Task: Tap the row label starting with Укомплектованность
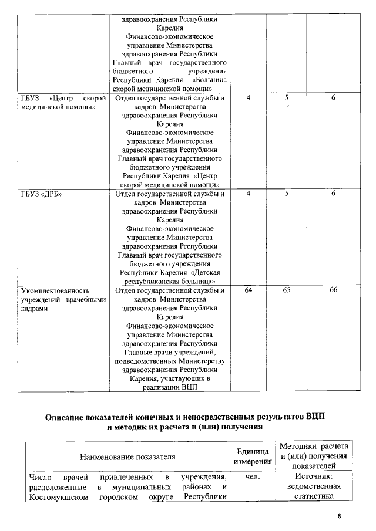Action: click(x=62, y=299)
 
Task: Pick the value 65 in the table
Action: click(x=286, y=290)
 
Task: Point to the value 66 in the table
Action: click(x=333, y=290)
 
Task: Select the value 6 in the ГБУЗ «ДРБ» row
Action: click(x=333, y=194)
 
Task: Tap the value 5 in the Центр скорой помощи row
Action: click(x=286, y=98)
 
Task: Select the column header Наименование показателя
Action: click(x=127, y=456)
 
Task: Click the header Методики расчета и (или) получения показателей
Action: click(x=314, y=456)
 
